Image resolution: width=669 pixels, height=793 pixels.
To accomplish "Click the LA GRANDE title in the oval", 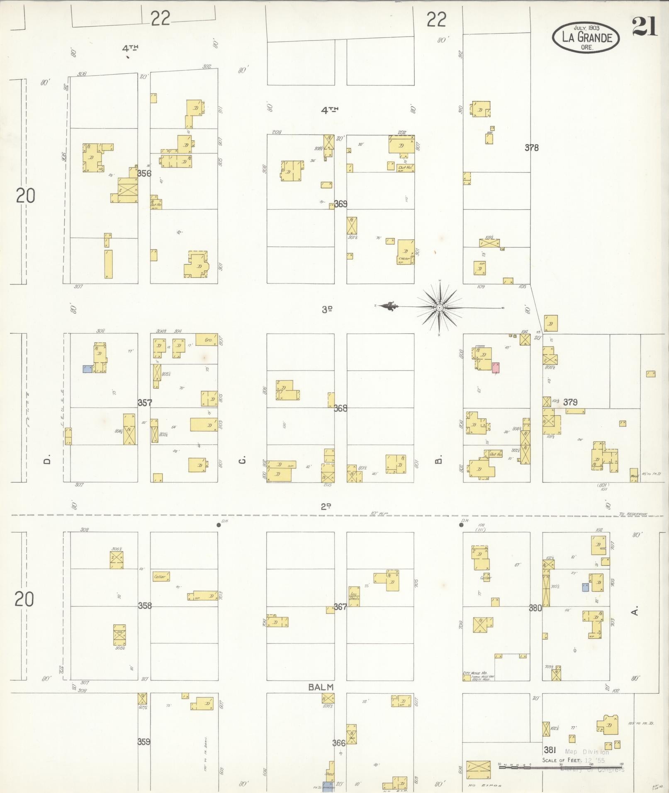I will [x=586, y=38].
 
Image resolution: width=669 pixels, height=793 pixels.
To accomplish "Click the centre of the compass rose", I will [x=439, y=307].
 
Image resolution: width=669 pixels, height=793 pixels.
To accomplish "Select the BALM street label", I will [x=321, y=687].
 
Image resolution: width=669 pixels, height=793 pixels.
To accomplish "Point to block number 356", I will [x=144, y=173].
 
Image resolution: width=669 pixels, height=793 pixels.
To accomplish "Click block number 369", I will [x=341, y=204].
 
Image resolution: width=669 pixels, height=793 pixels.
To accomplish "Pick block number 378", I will [x=531, y=148].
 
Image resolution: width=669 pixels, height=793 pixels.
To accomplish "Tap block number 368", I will [x=341, y=408].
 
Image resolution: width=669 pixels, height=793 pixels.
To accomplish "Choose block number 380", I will [x=535, y=608].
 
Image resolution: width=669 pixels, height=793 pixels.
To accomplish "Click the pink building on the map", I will [x=495, y=368].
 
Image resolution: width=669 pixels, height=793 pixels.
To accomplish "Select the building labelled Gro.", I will [x=207, y=340].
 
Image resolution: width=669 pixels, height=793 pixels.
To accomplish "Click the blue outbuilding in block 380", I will [x=585, y=587].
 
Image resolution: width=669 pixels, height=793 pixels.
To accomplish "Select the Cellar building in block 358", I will [x=161, y=576].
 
